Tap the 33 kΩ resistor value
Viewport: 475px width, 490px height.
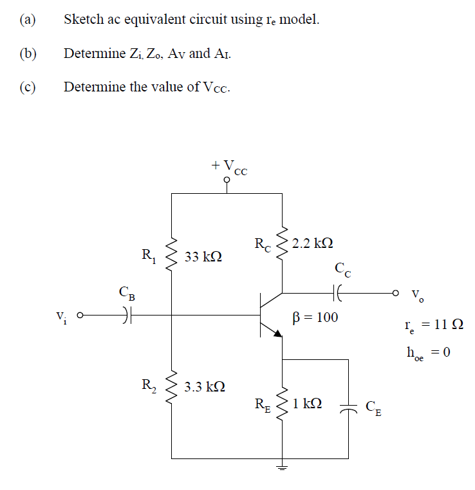click(203, 257)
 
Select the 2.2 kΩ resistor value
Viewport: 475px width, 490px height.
click(312, 243)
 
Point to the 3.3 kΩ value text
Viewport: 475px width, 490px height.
click(204, 387)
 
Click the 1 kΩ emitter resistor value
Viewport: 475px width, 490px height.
click(306, 404)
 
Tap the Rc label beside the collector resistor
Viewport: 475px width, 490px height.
click(263, 245)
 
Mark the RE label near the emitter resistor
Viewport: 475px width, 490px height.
click(263, 405)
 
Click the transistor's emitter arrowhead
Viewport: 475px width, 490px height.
click(277, 333)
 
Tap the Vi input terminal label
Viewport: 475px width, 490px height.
click(61, 316)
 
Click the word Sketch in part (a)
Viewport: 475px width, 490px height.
click(82, 19)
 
